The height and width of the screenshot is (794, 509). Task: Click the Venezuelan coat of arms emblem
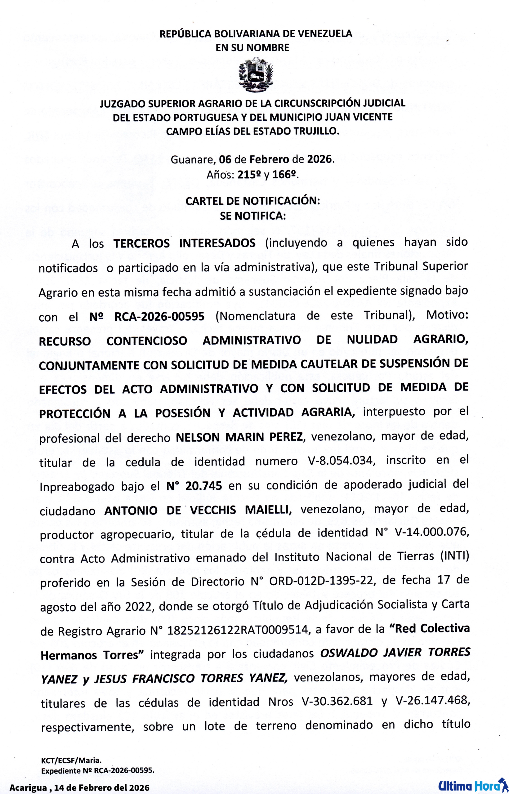[x=256, y=75]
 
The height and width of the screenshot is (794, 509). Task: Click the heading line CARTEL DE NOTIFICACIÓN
[x=252, y=201]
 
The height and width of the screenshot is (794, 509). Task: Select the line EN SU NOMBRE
[x=252, y=47]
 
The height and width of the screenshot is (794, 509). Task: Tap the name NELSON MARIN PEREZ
[x=239, y=437]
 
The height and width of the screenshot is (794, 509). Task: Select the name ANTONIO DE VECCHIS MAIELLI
[x=198, y=510]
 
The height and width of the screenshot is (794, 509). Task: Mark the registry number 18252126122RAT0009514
[x=238, y=631]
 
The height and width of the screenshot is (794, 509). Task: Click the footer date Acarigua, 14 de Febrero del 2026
[x=79, y=787]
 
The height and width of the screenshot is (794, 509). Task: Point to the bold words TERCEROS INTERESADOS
[x=185, y=243]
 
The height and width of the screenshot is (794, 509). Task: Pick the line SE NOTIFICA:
[x=252, y=216]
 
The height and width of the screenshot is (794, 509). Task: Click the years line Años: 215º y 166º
[x=252, y=174]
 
